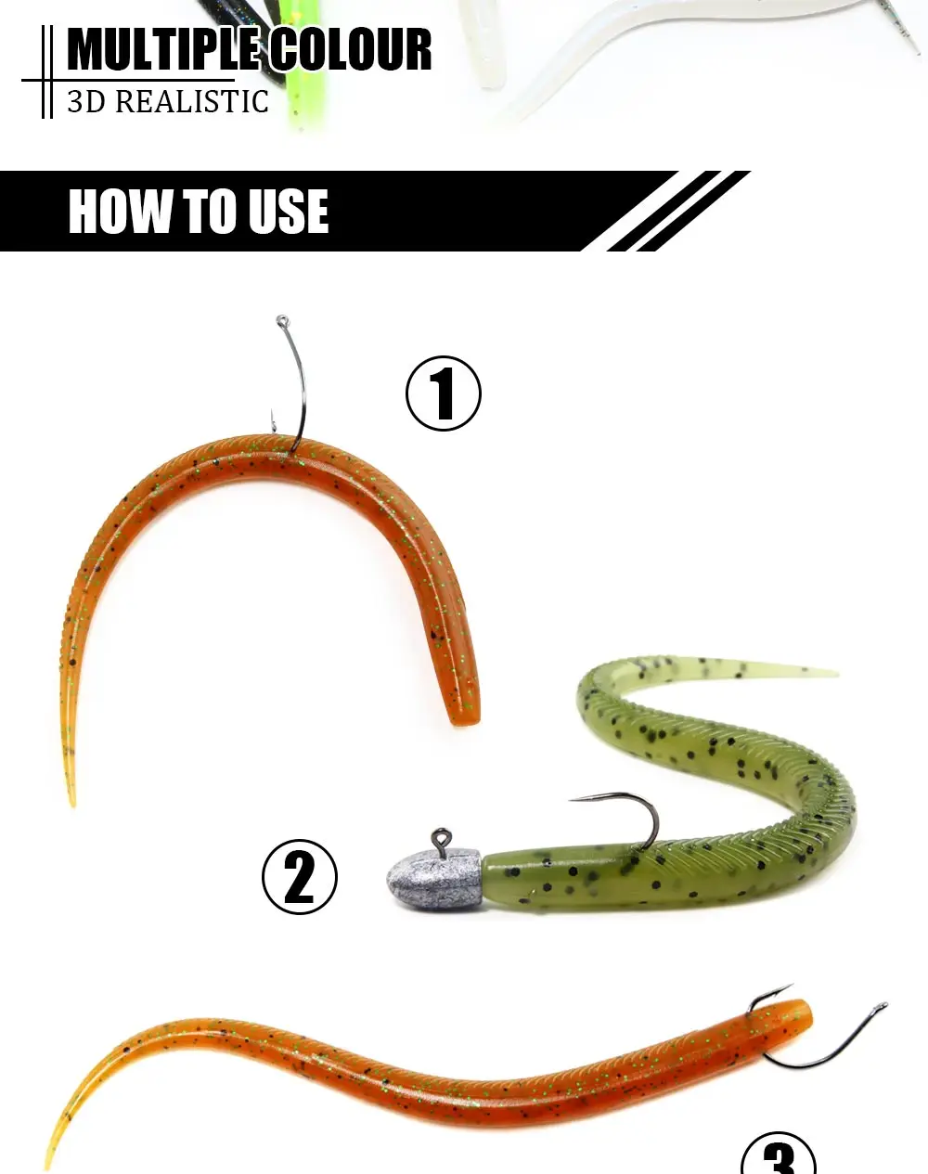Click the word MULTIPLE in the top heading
pos(163,49)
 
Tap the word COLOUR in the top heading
pos(351,49)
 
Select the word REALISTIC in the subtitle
pos(192,101)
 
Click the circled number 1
pos(444,393)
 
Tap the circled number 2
pos(300,877)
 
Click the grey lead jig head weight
pos(433,880)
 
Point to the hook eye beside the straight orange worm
pos(880,1006)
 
